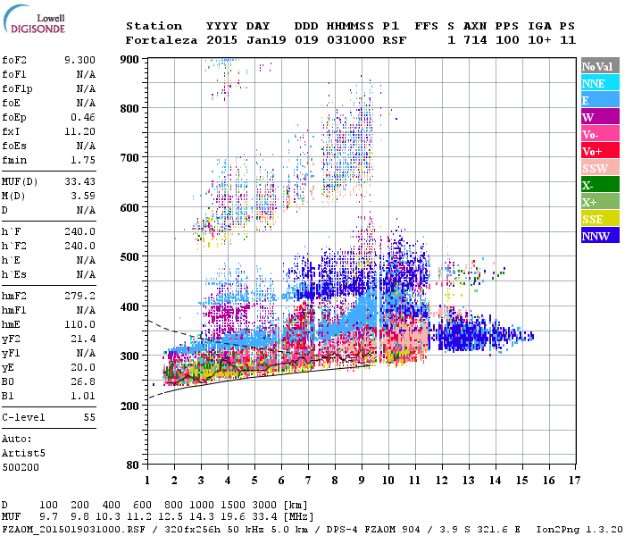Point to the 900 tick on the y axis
point(130,59)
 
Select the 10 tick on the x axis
point(388,481)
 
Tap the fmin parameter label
point(15,160)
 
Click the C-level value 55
point(89,417)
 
